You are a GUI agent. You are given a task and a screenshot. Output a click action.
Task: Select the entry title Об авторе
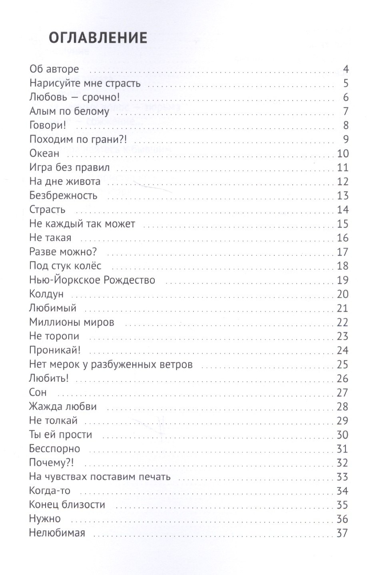click(54, 69)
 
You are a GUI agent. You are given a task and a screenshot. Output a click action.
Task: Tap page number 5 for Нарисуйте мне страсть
click(346, 84)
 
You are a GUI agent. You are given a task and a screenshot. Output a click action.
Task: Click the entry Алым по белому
click(69, 111)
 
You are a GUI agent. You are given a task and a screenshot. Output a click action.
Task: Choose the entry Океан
click(44, 153)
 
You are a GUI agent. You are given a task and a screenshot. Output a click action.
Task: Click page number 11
click(343, 168)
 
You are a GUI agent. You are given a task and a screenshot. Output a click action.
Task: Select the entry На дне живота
click(65, 181)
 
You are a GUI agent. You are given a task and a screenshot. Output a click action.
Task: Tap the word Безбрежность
click(63, 196)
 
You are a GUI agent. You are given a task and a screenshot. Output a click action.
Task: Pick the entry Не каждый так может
click(82, 224)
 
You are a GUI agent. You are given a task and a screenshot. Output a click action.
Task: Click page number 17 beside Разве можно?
click(343, 252)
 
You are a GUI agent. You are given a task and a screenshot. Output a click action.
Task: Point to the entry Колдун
click(46, 294)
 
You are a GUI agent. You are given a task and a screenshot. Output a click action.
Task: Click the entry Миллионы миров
click(72, 322)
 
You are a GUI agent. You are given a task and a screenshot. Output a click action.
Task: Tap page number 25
click(343, 365)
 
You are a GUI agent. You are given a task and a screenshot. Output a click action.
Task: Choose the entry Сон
click(38, 393)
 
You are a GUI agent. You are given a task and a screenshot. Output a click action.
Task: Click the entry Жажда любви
click(63, 407)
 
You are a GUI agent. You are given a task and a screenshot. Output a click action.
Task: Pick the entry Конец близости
click(67, 505)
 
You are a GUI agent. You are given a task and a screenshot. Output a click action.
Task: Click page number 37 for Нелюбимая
click(342, 533)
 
